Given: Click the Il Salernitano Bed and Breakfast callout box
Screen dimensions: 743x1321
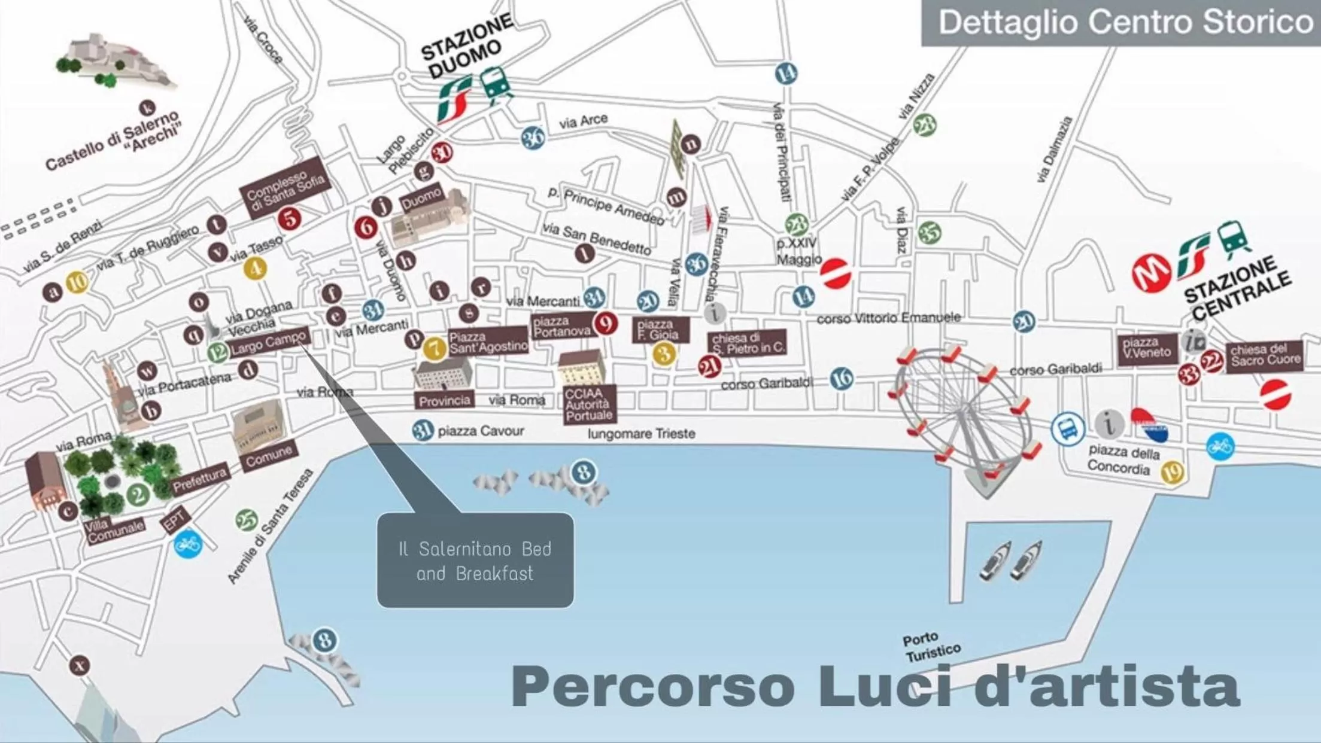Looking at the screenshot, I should point(475,560).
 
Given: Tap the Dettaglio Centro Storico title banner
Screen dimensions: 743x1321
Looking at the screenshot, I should point(1120,23).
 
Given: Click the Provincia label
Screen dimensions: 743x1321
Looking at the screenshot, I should point(444,400).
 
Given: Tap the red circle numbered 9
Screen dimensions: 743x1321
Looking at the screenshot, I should point(606,324).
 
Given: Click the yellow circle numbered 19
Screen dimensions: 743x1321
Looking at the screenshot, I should point(1173,473).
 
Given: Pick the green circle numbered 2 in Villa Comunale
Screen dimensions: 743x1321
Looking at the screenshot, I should point(138,494).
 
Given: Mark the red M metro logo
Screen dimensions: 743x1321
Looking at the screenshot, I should point(1151,273).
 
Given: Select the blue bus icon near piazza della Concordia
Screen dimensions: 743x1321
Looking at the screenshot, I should point(1068,428).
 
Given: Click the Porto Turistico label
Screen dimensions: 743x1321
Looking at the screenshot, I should point(931,647).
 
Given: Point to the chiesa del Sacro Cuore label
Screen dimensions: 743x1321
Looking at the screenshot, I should point(1265,355).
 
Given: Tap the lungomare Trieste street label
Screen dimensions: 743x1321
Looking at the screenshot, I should point(641,433).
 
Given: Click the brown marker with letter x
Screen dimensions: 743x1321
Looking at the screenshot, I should point(79,665).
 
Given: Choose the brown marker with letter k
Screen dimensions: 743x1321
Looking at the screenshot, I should point(147,108).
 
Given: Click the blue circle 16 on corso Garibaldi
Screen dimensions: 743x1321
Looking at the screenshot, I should point(842,378).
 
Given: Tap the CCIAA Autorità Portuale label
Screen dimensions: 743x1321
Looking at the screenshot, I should point(589,404).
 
